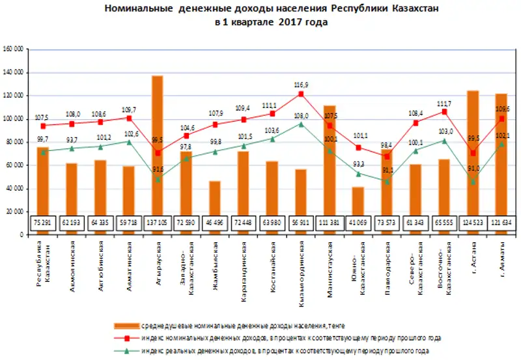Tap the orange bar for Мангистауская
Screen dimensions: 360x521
click(330, 156)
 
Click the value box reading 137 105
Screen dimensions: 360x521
click(157, 222)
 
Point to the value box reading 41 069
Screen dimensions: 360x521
click(358, 222)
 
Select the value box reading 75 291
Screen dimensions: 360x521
click(42, 222)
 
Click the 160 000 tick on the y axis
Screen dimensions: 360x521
click(14, 49)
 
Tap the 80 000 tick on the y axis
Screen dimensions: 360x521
click(16, 142)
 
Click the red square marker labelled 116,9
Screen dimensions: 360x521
click(301, 94)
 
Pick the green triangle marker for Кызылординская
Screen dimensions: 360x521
click(301, 124)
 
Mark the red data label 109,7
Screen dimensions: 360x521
click(128, 109)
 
